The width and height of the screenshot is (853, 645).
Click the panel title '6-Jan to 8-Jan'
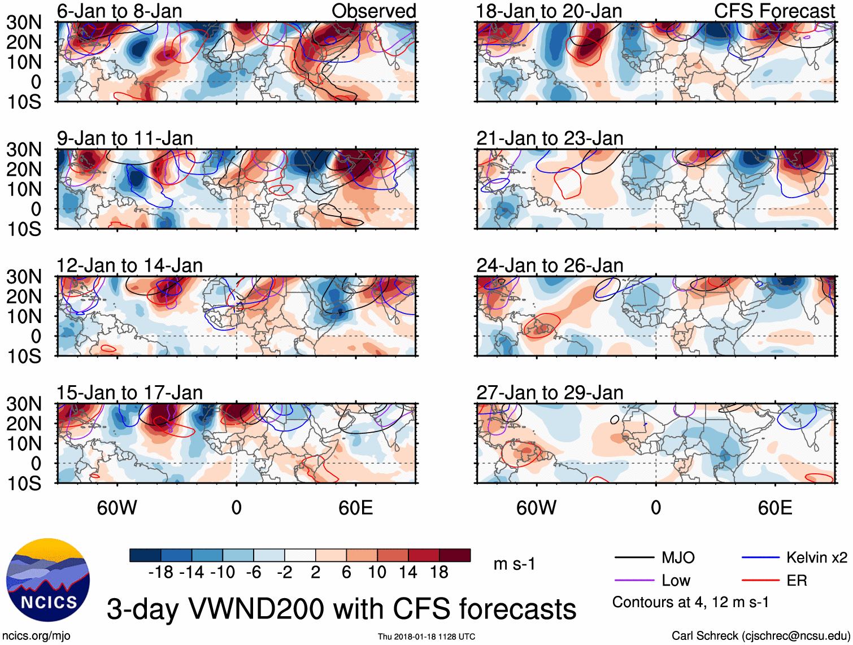tap(119, 11)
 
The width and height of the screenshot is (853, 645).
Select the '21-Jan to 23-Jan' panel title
tap(549, 138)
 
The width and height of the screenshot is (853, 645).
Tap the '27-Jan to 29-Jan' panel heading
tap(549, 393)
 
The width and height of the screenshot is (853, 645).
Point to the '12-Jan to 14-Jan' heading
tap(129, 265)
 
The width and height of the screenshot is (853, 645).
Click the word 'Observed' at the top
tap(373, 11)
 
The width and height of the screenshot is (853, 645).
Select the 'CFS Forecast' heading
tap(774, 11)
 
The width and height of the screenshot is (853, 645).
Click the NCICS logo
tap(48, 580)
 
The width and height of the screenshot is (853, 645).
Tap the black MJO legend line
tap(634, 558)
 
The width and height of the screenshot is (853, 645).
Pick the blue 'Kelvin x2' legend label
tap(816, 558)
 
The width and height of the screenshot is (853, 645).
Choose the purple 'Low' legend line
tap(634, 581)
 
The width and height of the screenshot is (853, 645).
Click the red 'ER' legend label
tap(797, 581)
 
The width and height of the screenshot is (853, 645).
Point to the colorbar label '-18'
tap(160, 573)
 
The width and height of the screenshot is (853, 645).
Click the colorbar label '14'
tap(408, 573)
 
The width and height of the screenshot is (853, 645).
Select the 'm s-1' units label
tap(514, 564)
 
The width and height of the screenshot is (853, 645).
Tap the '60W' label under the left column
tap(117, 508)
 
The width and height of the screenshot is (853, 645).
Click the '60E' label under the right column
tap(774, 508)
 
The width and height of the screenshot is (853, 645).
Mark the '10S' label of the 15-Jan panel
tap(24, 483)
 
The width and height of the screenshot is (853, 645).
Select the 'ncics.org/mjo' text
tap(36, 636)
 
